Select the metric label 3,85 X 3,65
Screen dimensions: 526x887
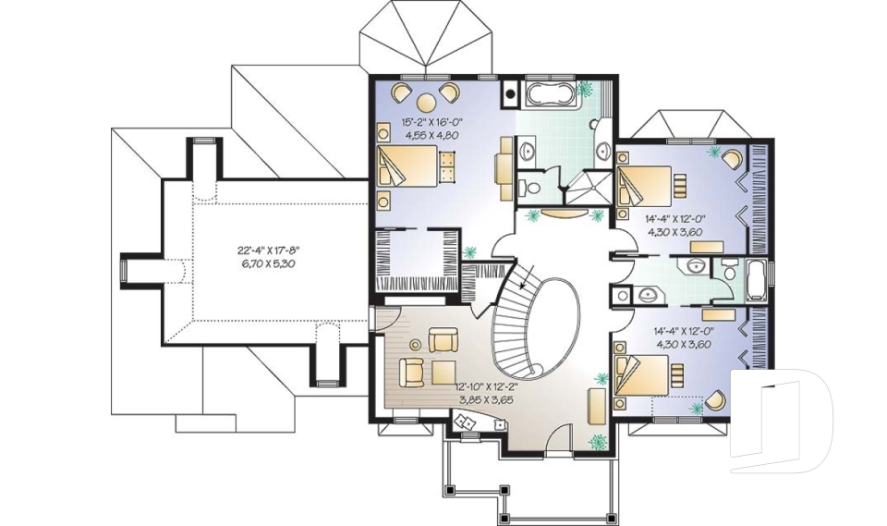tap(487, 400)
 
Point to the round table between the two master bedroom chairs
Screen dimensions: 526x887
tap(427, 102)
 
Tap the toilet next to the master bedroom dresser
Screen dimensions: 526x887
tap(532, 187)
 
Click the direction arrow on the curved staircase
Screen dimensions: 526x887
tap(524, 285)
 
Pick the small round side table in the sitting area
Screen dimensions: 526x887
tap(415, 345)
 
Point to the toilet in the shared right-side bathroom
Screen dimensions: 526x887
tap(731, 271)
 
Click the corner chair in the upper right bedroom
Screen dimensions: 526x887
tap(732, 158)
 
